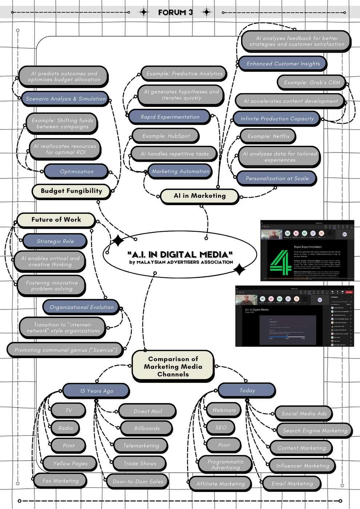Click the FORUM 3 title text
[175, 12]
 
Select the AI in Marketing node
[200, 196]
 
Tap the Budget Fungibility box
[71, 191]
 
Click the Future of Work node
[56, 220]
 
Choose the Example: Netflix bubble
[268, 136]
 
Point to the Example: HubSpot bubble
[166, 136]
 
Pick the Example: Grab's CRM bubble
[312, 83]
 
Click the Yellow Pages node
[70, 464]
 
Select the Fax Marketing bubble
[60, 481]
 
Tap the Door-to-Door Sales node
[138, 481]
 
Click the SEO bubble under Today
[221, 428]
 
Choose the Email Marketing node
[292, 484]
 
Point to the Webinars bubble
[224, 410]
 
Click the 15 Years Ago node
[96, 391]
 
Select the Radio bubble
[65, 428]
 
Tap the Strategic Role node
[55, 241]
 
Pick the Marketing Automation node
[180, 171]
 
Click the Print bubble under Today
[224, 445]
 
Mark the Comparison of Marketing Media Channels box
[173, 366]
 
